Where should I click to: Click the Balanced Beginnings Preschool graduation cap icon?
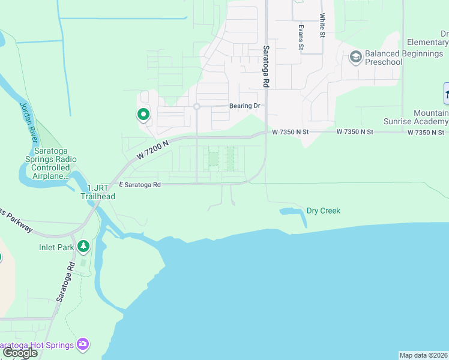[x=355, y=58]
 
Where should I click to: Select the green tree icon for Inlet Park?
[x=83, y=245]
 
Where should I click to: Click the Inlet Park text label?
[x=57, y=247]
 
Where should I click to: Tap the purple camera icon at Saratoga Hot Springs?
[x=83, y=344]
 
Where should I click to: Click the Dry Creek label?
[x=323, y=211]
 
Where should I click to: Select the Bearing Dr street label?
[x=245, y=106]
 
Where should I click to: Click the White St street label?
[x=322, y=25]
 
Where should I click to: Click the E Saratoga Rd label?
[x=140, y=185]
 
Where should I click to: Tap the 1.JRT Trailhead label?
[x=97, y=192]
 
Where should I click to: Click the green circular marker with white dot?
[x=143, y=113]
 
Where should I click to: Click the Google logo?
[x=19, y=353]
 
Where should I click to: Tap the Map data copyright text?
[x=423, y=355]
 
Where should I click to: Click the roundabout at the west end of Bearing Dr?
[x=196, y=107]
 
